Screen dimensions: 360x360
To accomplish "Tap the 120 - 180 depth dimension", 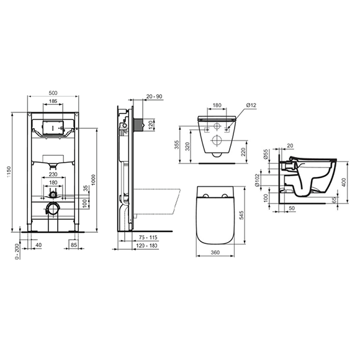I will point(147,246).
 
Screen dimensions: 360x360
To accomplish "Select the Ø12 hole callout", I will point(251,106).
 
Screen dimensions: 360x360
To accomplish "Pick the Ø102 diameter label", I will point(265,181).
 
